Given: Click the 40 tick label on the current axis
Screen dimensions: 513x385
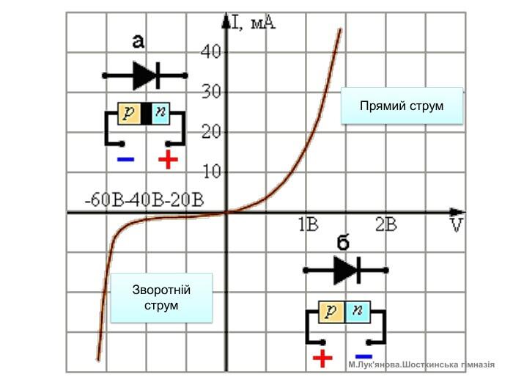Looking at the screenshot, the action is coord(211,51).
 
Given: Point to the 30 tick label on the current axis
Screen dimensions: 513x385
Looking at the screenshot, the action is coord(211,92).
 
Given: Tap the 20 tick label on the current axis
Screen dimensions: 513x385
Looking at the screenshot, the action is coord(211,132).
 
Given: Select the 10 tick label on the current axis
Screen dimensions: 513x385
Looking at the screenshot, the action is coord(212,172).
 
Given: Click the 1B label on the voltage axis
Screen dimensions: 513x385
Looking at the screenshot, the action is coord(309,224).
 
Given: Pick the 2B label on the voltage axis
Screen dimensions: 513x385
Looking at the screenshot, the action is coord(386,224).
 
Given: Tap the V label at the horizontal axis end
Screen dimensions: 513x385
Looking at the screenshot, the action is coord(457,225).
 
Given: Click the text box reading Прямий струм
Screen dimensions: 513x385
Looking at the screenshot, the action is coord(402,106).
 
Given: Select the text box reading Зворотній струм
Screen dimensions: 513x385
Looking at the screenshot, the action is coord(161,298).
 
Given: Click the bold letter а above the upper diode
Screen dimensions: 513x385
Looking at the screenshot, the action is coord(138,42).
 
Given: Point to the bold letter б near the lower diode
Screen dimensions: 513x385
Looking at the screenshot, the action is coord(343,242).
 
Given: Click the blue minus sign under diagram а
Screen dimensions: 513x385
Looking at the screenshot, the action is coord(125,160).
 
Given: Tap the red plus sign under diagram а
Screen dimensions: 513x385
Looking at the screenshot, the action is coord(168,159).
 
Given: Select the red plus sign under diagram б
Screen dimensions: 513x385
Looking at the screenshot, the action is coord(322,359).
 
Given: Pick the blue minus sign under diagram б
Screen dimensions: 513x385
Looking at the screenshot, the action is coord(363,356).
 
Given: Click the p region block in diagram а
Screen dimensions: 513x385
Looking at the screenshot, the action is coord(129,114).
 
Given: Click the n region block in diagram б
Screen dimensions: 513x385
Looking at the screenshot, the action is coord(358,312).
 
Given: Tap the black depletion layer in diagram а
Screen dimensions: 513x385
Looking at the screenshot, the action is coord(147,114).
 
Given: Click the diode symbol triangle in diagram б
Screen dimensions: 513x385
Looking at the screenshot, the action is coord(345,271).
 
